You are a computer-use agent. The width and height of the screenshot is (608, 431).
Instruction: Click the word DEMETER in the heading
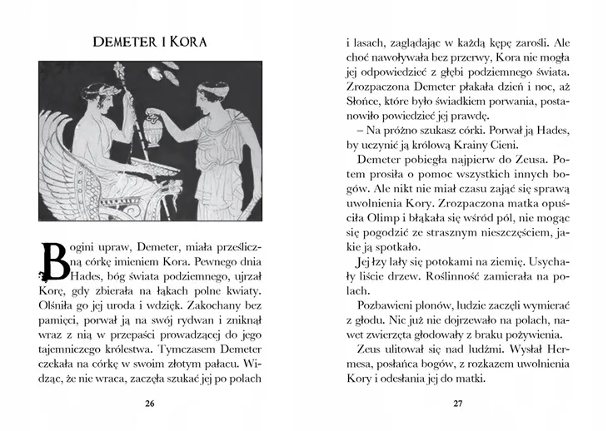pyautogui.click(x=127, y=41)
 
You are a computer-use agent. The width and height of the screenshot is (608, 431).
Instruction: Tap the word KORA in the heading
pyautogui.click(x=188, y=41)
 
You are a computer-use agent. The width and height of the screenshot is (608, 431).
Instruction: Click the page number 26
pyautogui.click(x=150, y=404)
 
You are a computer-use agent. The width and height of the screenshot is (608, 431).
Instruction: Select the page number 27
pyautogui.click(x=457, y=404)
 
